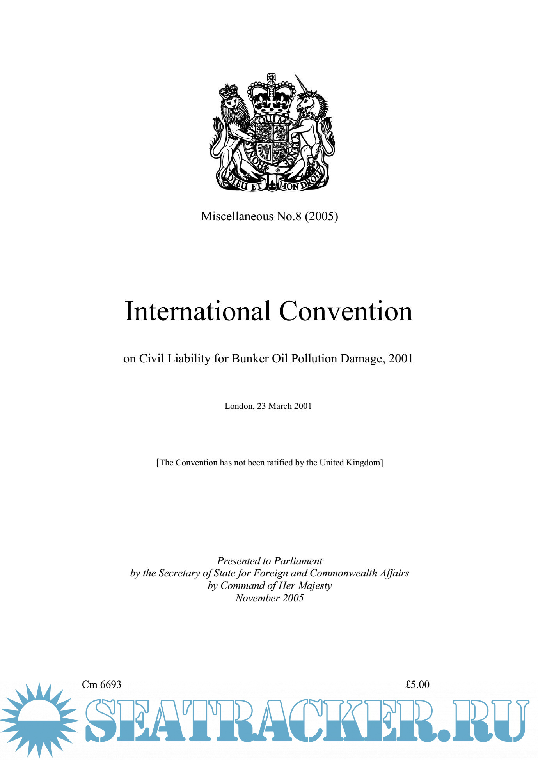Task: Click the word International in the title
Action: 197,312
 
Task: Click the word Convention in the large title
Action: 346,312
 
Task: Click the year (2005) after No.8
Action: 321,216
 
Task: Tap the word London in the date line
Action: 239,406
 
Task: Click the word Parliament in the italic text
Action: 298,561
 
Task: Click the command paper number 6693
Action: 111,684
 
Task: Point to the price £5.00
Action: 417,684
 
